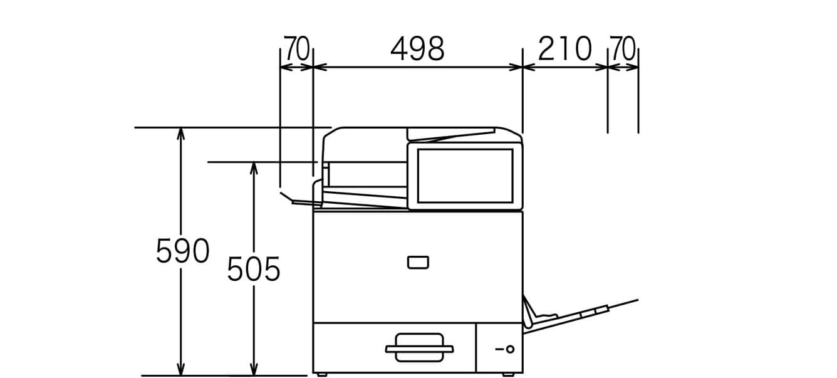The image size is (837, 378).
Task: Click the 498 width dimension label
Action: click(x=417, y=49)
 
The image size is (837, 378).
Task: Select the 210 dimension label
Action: click(x=564, y=49)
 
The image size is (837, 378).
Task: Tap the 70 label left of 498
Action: click(x=297, y=49)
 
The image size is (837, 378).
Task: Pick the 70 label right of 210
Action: click(x=623, y=49)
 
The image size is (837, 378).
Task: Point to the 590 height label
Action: click(x=182, y=251)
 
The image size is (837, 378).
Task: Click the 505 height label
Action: click(x=253, y=270)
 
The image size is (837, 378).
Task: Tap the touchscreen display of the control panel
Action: click(x=464, y=176)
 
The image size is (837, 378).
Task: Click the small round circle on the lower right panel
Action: click(x=509, y=349)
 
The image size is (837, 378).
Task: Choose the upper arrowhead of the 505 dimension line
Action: click(x=254, y=167)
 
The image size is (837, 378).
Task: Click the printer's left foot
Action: click(x=321, y=374)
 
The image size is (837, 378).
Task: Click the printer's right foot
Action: click(x=509, y=374)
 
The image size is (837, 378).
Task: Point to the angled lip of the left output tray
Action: click(x=287, y=197)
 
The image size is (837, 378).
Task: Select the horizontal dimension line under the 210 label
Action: click(x=564, y=67)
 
